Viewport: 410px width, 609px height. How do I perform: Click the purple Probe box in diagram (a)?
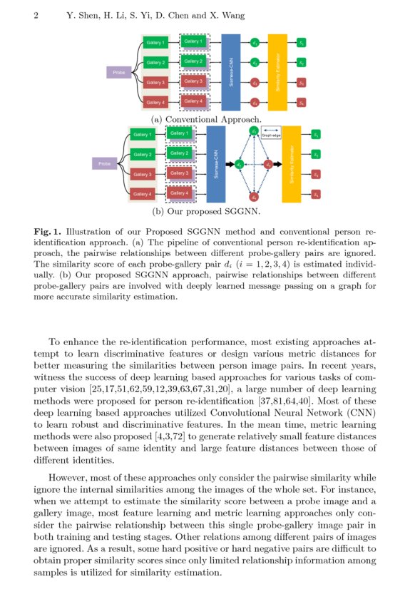[116, 72]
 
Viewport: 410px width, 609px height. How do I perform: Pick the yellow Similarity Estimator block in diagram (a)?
[277, 73]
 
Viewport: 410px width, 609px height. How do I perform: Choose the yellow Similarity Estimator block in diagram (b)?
[292, 164]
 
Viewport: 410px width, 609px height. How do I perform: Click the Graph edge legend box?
[272, 133]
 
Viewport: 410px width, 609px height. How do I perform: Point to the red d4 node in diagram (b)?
[254, 196]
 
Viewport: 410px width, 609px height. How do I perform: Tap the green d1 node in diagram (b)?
[254, 131]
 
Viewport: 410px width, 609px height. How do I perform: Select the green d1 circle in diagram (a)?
[255, 43]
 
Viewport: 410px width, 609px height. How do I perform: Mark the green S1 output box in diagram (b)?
[316, 134]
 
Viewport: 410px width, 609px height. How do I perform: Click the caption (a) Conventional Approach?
[206, 119]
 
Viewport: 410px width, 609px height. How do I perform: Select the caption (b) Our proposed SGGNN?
[206, 212]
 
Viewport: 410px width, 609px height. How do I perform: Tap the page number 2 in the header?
[36, 15]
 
